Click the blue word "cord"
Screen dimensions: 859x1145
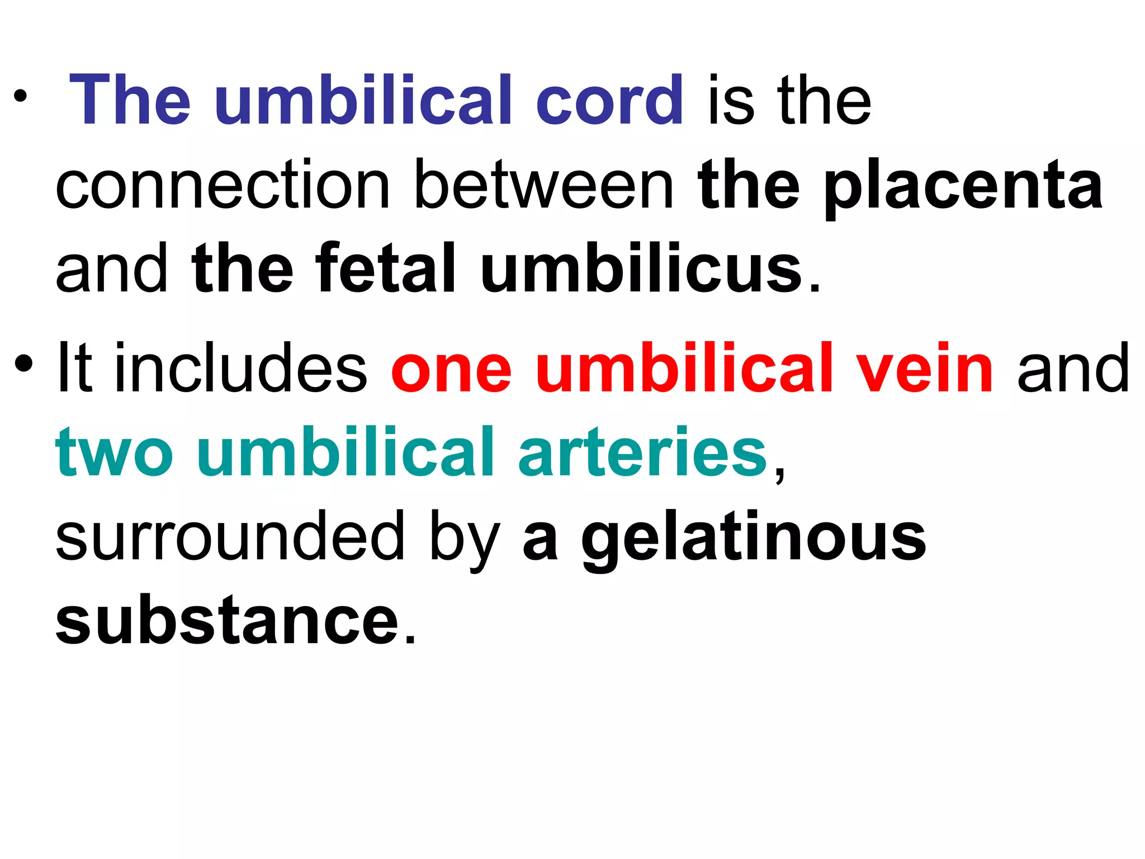coord(609,101)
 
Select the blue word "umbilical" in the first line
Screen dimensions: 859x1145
coord(363,101)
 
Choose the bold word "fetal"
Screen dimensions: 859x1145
coord(385,268)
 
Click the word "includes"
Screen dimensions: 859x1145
coord(240,368)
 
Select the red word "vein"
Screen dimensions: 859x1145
coord(925,368)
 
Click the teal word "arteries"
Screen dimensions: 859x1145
coord(643,452)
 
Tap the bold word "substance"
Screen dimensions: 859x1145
coord(227,621)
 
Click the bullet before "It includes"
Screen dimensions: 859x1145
coord(24,364)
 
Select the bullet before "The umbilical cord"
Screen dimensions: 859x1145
coord(21,97)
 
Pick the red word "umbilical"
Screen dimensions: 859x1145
coord(685,368)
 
